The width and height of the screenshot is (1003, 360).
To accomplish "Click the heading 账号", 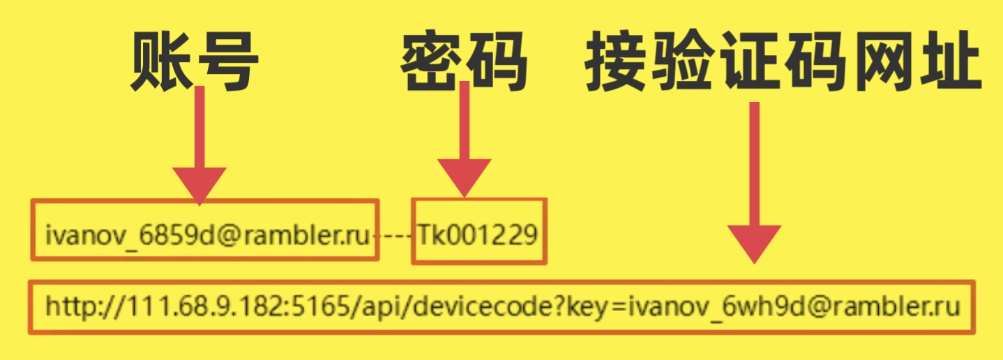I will tap(195, 62).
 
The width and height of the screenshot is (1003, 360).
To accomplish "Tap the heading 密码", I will tap(463, 62).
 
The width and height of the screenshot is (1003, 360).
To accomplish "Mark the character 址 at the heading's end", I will tap(951, 62).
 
